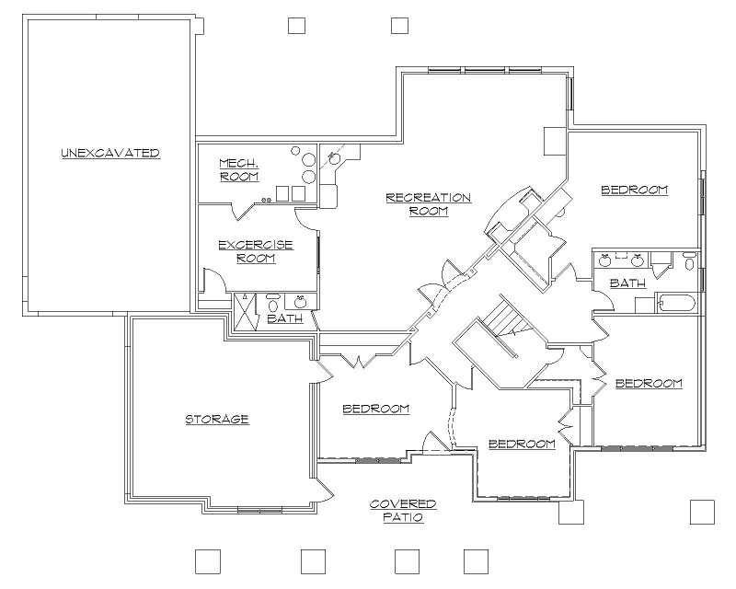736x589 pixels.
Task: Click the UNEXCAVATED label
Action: click(x=110, y=153)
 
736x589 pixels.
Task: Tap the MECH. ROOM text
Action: click(x=238, y=170)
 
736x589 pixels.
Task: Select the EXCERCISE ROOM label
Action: click(x=255, y=251)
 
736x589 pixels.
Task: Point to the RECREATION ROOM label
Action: click(x=428, y=203)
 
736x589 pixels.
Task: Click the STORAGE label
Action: click(x=217, y=420)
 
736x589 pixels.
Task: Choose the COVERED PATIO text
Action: click(x=403, y=511)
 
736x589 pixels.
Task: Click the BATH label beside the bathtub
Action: click(x=627, y=284)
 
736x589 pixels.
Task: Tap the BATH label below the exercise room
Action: click(x=284, y=319)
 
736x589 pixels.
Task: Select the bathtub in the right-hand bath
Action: click(x=675, y=304)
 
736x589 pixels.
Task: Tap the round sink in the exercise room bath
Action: click(x=300, y=301)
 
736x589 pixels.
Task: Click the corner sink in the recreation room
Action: click(x=335, y=158)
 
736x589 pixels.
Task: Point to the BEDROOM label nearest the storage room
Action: click(x=375, y=409)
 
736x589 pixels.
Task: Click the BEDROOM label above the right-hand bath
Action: click(x=634, y=191)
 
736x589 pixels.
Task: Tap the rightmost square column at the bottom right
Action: click(x=702, y=512)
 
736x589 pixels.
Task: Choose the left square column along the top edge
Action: click(x=296, y=25)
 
